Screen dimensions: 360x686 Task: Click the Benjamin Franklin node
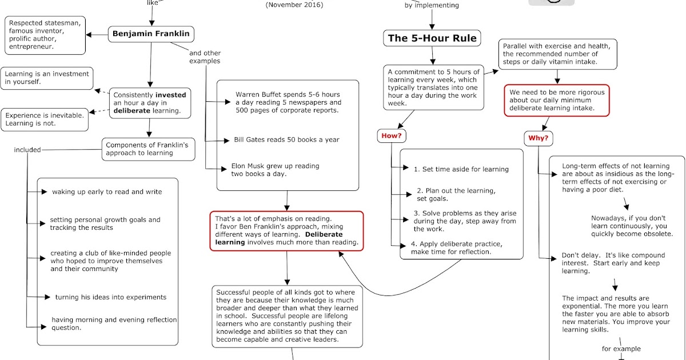(x=150, y=34)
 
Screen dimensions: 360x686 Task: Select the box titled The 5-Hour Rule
(x=432, y=39)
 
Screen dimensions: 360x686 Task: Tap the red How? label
(x=390, y=137)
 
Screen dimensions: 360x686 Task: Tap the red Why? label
(x=538, y=138)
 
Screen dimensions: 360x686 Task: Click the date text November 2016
(x=294, y=5)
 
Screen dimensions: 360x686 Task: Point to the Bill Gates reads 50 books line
(x=286, y=139)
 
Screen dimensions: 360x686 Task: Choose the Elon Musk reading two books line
(x=275, y=170)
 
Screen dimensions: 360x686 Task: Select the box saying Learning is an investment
(x=47, y=78)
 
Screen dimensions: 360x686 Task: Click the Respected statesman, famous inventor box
(x=45, y=34)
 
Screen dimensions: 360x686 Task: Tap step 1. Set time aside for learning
(x=461, y=169)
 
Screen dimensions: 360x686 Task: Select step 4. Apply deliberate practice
(x=457, y=248)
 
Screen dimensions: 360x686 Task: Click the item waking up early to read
(x=107, y=192)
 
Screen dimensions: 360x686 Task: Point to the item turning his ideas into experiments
(x=111, y=297)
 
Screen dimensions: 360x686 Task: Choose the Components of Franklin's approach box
(x=147, y=150)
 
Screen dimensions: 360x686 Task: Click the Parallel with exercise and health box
(x=557, y=54)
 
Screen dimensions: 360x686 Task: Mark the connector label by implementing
(x=431, y=6)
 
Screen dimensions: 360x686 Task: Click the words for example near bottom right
(x=621, y=349)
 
